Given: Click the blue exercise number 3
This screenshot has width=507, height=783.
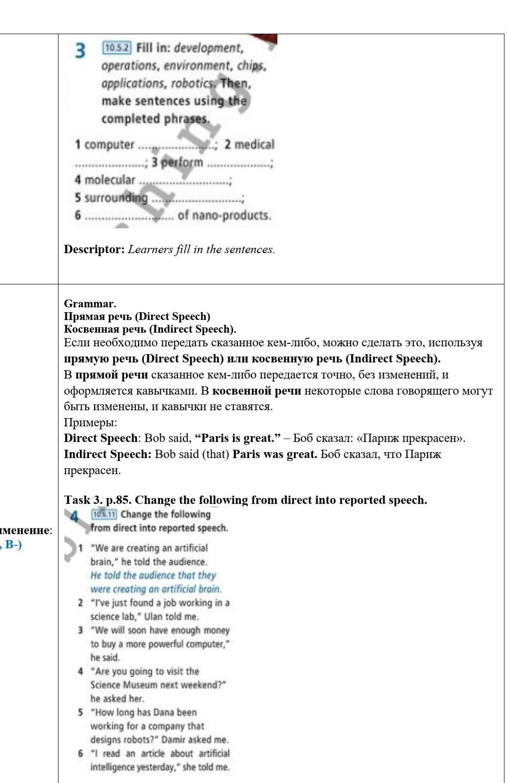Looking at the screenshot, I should coord(81,50).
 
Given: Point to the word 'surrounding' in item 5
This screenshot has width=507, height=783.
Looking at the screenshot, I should coord(116,198).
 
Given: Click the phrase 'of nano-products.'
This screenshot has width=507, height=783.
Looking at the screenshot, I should coord(224,215).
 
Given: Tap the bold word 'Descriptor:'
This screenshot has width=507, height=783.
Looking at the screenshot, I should coord(95,249).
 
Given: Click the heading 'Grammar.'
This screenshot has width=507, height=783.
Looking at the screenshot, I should coord(90,303).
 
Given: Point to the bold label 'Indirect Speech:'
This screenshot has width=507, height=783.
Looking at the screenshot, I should coord(108,454).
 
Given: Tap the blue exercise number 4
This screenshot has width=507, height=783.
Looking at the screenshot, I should coord(75,516).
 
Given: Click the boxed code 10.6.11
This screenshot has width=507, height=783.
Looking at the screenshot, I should coord(104,514).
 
